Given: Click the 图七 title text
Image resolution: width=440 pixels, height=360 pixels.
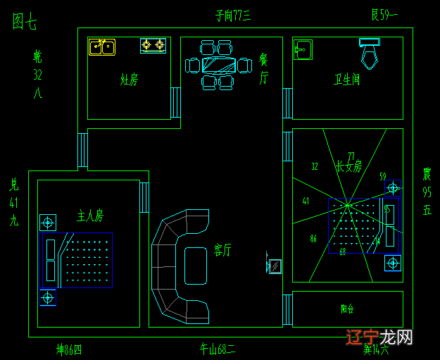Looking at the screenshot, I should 25,23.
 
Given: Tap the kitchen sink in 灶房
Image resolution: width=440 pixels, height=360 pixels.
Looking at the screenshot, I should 101,47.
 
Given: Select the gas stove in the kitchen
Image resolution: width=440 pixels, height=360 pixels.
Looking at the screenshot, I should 153,46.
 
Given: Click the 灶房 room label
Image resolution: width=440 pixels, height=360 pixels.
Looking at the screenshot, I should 129,80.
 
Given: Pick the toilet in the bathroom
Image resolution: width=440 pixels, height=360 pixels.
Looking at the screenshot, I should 370,52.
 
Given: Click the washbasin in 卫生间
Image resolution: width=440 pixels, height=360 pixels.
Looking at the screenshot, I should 303,49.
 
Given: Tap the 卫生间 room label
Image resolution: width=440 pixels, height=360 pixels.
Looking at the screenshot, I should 346,80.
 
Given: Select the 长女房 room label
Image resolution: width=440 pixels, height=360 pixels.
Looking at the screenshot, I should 348,167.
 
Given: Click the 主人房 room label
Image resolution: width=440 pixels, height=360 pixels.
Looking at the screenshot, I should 90,215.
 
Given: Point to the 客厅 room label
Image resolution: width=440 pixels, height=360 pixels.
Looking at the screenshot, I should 222,250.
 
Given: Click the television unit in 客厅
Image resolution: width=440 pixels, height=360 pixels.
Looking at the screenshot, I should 275,266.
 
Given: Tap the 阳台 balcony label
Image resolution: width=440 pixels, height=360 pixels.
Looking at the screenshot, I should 347,309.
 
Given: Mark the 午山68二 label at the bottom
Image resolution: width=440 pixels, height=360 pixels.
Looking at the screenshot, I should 218,348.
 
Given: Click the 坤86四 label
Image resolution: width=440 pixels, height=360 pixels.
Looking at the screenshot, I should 69,349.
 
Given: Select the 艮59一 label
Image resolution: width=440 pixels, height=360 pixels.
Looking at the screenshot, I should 384,14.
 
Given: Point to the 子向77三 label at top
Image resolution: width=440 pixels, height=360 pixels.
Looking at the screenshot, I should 233,15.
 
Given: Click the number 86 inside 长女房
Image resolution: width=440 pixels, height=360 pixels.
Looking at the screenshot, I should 313,239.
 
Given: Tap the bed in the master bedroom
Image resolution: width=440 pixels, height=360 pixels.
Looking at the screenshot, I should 77,260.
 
